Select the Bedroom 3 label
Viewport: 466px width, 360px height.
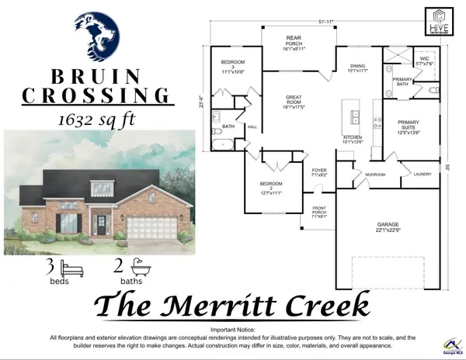click(x=234, y=66)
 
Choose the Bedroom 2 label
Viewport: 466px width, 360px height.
click(x=270, y=186)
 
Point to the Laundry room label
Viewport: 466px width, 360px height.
click(x=422, y=175)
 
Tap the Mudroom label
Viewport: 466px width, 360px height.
click(x=375, y=175)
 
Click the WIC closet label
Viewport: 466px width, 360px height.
click(x=423, y=61)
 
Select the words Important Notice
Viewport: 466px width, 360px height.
click(x=232, y=330)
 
